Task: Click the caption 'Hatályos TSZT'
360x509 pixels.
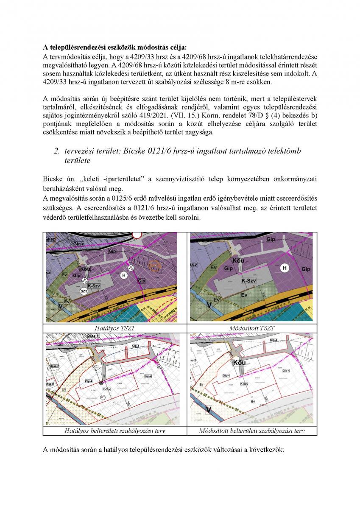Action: (x=115, y=328)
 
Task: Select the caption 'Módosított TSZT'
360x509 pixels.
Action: (x=252, y=328)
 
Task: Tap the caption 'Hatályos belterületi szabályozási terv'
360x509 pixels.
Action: (x=115, y=431)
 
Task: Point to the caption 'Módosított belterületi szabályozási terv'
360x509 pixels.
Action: (x=252, y=431)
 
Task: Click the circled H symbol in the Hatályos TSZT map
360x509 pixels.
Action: (x=124, y=275)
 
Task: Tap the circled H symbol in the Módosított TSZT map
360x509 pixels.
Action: (x=285, y=267)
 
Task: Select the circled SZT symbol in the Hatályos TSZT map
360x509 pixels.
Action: (x=84, y=291)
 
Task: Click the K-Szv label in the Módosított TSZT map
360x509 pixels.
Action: (x=248, y=281)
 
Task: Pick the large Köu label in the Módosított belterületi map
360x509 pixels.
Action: (x=239, y=363)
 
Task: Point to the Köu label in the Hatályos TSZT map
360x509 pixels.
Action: (x=85, y=269)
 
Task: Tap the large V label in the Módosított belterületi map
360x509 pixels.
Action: (x=209, y=410)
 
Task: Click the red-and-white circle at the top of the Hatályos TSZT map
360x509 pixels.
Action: (x=137, y=234)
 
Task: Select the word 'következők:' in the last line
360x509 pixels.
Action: (x=270, y=449)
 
